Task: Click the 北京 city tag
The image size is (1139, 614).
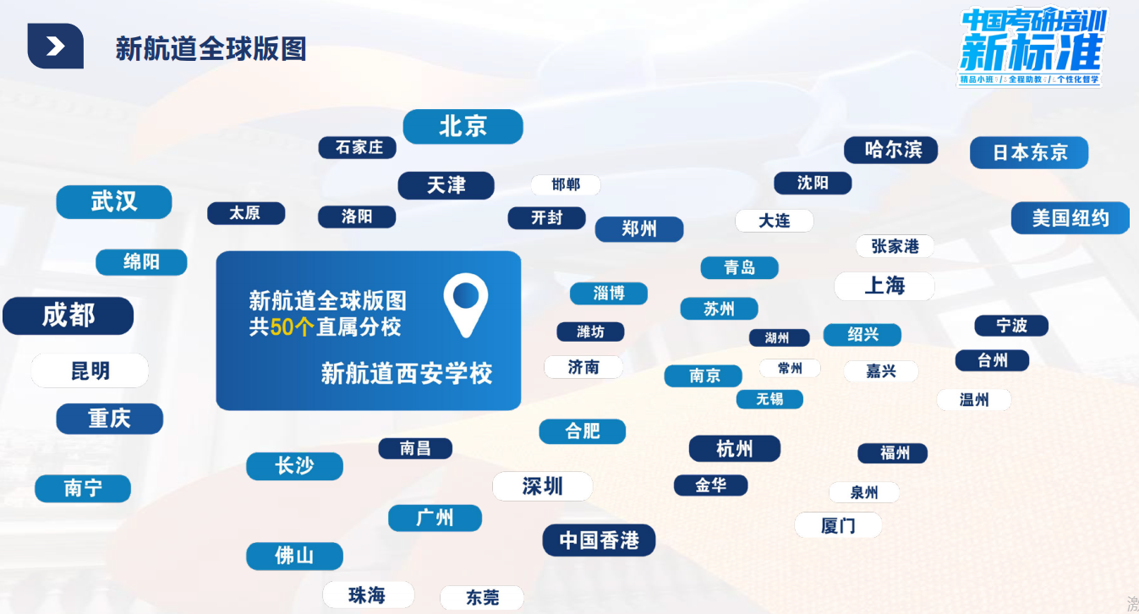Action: click(463, 127)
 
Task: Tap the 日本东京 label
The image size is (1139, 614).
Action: click(1028, 153)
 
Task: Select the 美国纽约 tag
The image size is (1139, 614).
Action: click(1070, 218)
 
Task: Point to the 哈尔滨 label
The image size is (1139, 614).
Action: click(892, 151)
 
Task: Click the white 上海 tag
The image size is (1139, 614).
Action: click(884, 286)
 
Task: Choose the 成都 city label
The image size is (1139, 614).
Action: click(68, 315)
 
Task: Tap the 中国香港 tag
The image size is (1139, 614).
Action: click(599, 540)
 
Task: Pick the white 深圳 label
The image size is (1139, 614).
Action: click(542, 486)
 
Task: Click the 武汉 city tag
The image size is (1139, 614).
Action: click(114, 202)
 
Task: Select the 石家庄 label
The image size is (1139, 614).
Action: click(359, 147)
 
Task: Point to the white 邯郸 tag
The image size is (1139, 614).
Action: click(565, 184)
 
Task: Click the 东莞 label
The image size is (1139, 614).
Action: click(482, 598)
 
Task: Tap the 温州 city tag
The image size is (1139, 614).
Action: click(973, 400)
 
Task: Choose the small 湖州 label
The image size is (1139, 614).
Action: click(778, 337)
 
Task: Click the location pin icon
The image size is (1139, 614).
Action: click(466, 303)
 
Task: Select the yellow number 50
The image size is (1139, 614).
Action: click(282, 327)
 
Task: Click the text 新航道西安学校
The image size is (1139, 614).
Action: click(407, 373)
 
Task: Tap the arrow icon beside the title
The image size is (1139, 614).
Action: click(55, 47)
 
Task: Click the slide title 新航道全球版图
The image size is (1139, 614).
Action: click(211, 49)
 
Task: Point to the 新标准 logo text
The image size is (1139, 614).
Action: click(1032, 54)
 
